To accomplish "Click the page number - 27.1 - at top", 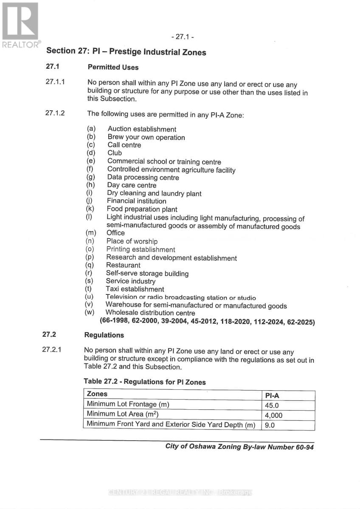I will click(181, 37).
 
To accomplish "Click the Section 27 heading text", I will click(126, 52).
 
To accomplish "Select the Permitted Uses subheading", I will click(113, 67).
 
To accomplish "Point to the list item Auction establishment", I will click(142, 129).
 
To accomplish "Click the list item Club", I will click(115, 153).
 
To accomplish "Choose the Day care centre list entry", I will click(132, 185).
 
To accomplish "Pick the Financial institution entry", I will click(136, 201).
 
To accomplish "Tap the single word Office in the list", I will click(115, 233).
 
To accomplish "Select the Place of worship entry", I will click(132, 241).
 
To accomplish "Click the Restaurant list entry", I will click(123, 265).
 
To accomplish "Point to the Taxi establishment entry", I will click(135, 289).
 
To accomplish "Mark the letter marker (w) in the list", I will click(90, 313).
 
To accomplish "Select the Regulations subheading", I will click(104, 335).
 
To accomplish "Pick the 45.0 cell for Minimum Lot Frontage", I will click(272, 406).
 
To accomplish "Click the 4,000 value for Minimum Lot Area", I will click(273, 416).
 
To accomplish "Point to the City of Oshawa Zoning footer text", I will click(239, 447).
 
